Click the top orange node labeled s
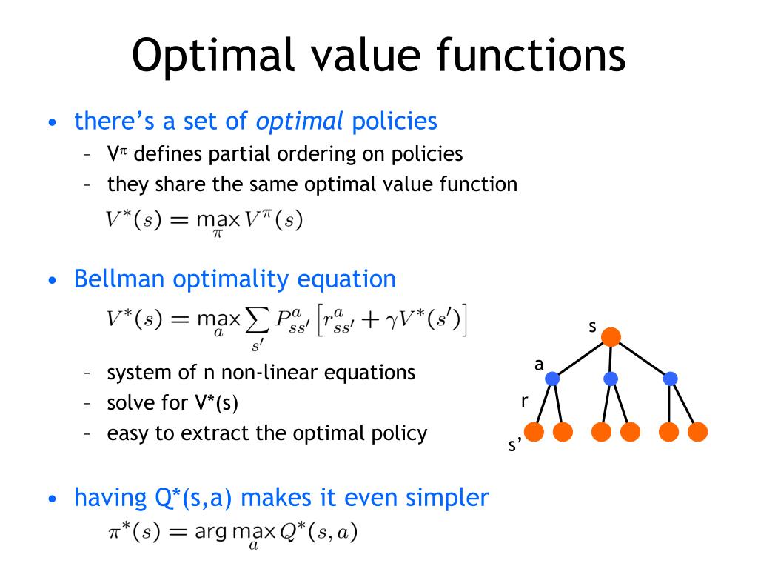pos(611,338)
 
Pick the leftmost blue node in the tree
pos(552,379)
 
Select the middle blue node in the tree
pos(611,379)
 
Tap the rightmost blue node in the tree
pos(671,379)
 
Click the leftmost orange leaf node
pos(534,432)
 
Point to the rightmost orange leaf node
pos(698,432)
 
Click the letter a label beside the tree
pos(539,364)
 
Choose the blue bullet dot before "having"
pos(52,499)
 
